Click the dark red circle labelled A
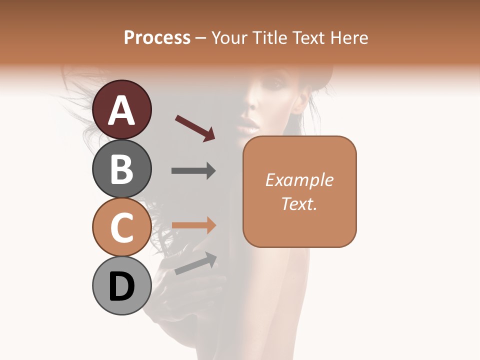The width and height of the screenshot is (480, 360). pos(122,109)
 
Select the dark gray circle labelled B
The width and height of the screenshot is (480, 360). pos(122,168)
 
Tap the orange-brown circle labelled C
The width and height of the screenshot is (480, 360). pos(122,227)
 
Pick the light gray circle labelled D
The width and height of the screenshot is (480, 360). pos(122,286)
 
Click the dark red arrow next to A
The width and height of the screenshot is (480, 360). pos(195,127)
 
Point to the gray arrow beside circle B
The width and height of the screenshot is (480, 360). pos(193,171)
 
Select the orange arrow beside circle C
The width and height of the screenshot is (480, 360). pos(193,225)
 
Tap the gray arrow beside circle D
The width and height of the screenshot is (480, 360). pos(195,263)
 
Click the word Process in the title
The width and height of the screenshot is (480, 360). pos(157,38)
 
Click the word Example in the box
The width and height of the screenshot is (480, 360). pos(299,180)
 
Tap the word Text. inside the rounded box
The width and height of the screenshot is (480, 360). pos(299,203)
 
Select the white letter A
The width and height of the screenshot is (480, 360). pos(122,110)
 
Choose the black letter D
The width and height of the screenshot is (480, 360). pos(122,287)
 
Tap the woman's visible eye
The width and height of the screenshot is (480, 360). pos(273,85)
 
